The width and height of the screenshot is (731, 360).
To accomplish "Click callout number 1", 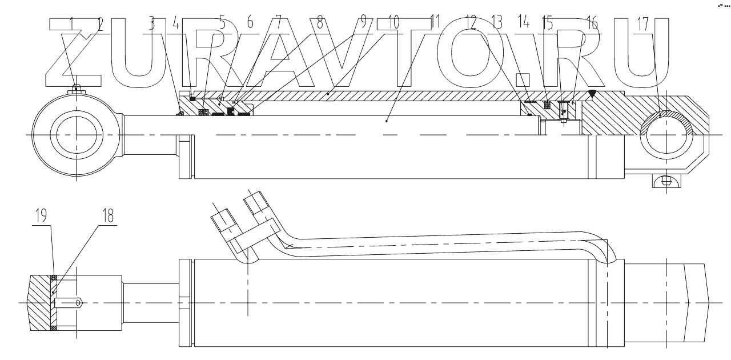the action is pos(73,24).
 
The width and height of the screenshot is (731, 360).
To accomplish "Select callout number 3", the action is pos(151,24).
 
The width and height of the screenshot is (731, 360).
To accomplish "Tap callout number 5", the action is pos(223,24).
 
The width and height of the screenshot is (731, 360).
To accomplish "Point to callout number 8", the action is pos(320,24).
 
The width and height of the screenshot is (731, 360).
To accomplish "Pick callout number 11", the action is pos(434,24).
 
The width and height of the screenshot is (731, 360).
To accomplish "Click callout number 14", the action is pos(523,24).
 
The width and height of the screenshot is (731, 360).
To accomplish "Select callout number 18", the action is pos(108,215).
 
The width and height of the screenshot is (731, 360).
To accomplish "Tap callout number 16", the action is pos(591,24).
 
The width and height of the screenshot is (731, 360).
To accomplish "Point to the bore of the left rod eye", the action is pos(74,134).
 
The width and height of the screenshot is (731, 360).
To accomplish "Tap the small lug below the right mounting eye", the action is pos(664,181).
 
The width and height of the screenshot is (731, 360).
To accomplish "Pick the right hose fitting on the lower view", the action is pos(255,203).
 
